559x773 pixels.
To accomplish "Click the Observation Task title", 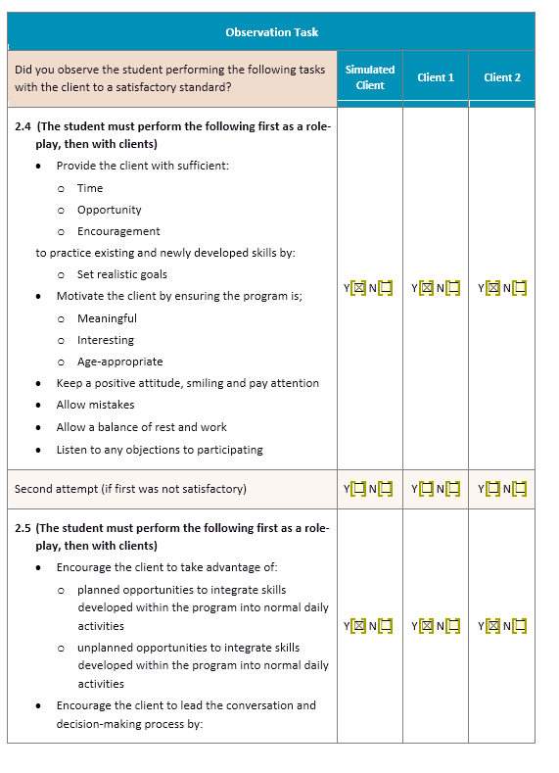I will (271, 32).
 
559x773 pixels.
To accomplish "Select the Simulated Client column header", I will (370, 77).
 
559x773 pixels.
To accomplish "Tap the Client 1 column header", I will (436, 77).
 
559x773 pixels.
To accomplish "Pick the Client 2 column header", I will (502, 77).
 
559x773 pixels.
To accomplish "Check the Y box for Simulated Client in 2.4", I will (358, 288).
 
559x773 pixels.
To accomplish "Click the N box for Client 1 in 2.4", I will (451, 288).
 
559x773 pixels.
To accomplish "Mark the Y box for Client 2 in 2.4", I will (492, 288).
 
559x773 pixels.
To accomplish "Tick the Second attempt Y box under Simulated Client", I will (358, 489).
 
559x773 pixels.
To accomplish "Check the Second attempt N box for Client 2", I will (519, 489).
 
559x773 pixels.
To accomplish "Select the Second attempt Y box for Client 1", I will (426, 489).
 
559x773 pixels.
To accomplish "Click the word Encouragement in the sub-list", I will (118, 231).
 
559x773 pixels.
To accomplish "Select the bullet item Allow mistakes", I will (95, 405).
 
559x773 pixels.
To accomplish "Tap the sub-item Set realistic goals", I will (121, 274).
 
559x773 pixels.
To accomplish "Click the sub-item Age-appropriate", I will (119, 362).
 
